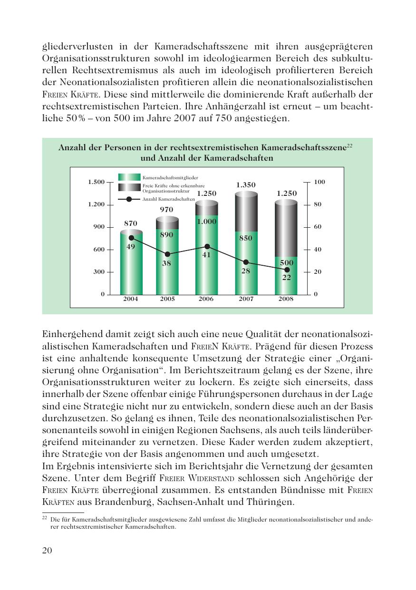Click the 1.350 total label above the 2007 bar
pyautogui.click(x=246, y=185)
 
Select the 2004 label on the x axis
pyautogui.click(x=131, y=299)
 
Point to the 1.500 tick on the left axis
pyautogui.click(x=96, y=182)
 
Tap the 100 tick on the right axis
pyautogui.click(x=319, y=182)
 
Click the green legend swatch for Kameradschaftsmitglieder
pyautogui.click(x=129, y=177)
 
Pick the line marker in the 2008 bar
pyautogui.click(x=287, y=270)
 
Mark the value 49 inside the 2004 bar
pyautogui.click(x=131, y=246)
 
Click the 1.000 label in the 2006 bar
pyautogui.click(x=206, y=222)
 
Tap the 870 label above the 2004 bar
pyautogui.click(x=131, y=223)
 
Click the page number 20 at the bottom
pyautogui.click(x=47, y=551)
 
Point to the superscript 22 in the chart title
pyautogui.click(x=349, y=145)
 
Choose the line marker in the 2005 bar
pyautogui.click(x=167, y=254)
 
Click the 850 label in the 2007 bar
pyautogui.click(x=246, y=238)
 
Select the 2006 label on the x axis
pyautogui.click(x=206, y=299)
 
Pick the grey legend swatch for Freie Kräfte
pyautogui.click(x=129, y=187)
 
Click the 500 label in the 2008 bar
pyautogui.click(x=287, y=262)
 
